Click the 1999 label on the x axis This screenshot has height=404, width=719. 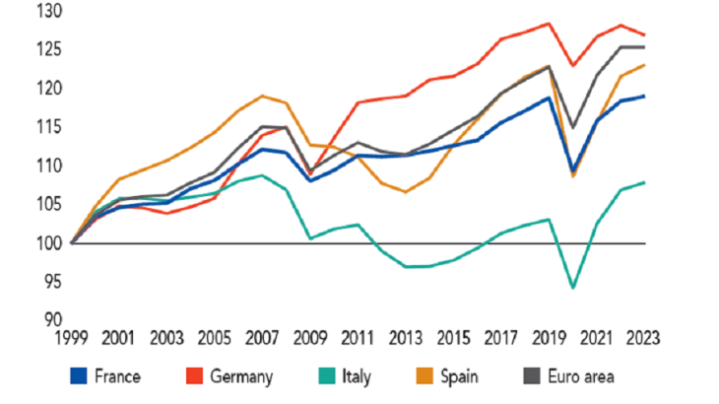tap(73, 337)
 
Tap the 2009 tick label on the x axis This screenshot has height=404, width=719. tap(311, 337)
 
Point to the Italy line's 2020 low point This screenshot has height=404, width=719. tap(573, 288)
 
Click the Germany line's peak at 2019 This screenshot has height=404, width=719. tap(549, 24)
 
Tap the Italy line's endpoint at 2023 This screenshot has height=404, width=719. tap(644, 182)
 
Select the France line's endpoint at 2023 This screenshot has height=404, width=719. tap(644, 96)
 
